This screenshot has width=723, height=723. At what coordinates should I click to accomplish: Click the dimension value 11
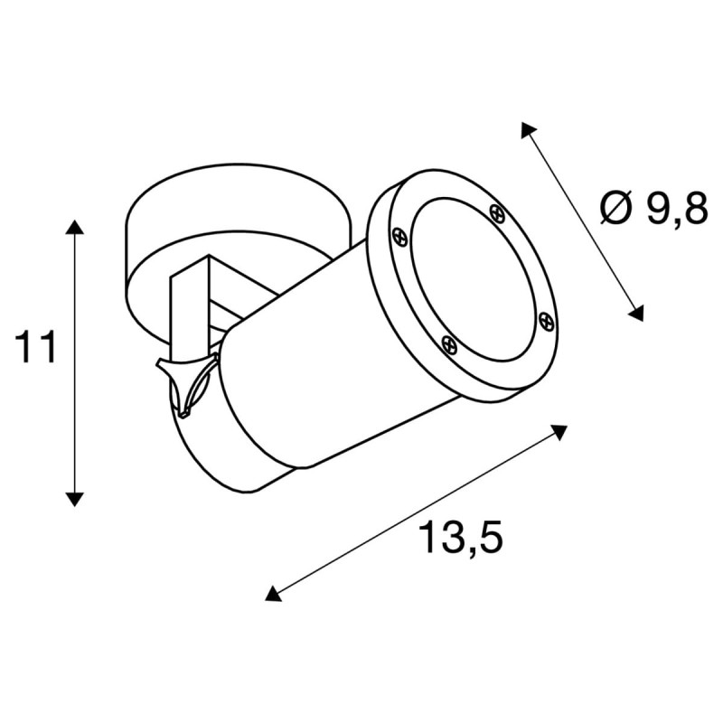[36, 348]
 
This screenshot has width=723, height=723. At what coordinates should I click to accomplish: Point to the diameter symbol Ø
[615, 210]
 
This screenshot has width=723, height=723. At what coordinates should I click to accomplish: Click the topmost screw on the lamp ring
[495, 212]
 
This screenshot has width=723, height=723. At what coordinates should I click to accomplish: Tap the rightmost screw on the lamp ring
[544, 319]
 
